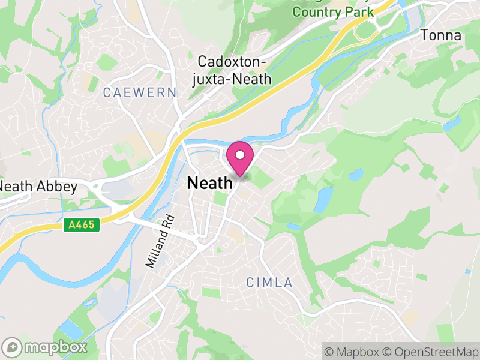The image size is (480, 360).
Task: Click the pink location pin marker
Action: (x=240, y=158)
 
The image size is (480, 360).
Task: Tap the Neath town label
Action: (x=210, y=184)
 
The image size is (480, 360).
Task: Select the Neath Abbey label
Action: (x=39, y=187)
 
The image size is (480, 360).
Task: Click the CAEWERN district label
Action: (x=140, y=92)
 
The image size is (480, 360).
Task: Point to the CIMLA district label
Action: (x=269, y=282)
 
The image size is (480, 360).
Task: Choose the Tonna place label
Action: (x=441, y=35)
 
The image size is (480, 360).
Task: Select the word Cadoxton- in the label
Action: (x=231, y=62)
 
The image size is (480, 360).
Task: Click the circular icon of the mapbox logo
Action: (x=13, y=347)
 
